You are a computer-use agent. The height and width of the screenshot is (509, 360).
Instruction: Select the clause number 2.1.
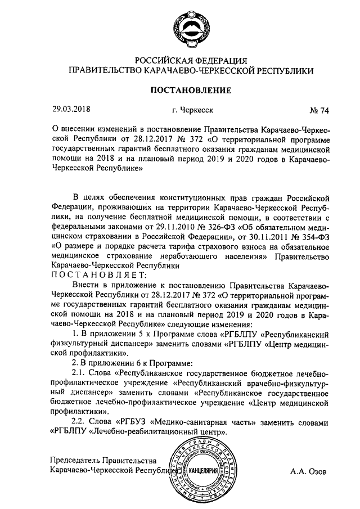point(81,374)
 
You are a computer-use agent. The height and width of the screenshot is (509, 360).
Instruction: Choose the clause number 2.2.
point(81,422)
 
